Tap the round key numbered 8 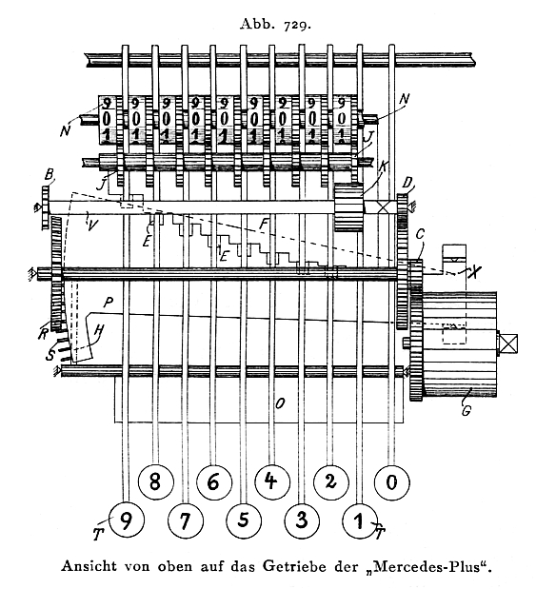pos(155,481)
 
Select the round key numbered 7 pos(186,521)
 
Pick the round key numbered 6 pos(213,481)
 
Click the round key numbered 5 pos(244,520)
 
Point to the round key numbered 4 pos(272,481)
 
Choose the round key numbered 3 pos(302,520)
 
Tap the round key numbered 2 pos(330,481)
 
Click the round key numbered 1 pos(360,521)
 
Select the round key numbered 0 pos(392,481)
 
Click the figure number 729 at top pos(297,25)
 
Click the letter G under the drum pos(467,410)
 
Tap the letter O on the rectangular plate pos(280,403)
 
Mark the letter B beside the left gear pos(49,175)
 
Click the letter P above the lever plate pos(109,303)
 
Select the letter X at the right pos(475,271)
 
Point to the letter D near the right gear pos(407,184)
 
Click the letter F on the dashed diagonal pos(264,225)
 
